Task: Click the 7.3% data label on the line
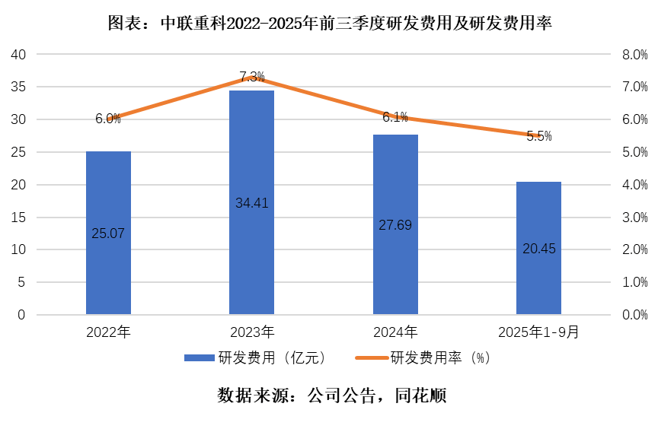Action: [x=251, y=76]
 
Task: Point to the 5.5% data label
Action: [x=538, y=136]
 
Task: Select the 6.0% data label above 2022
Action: [x=108, y=119]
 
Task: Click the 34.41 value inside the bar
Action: [x=251, y=203]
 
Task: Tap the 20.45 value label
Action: [x=538, y=248]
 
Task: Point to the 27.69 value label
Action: [x=395, y=225]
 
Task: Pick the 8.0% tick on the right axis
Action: [x=634, y=55]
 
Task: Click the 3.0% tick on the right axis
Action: [x=634, y=218]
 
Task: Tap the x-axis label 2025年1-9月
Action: [x=538, y=332]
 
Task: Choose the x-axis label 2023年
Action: [x=251, y=332]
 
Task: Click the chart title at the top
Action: [x=329, y=24]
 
